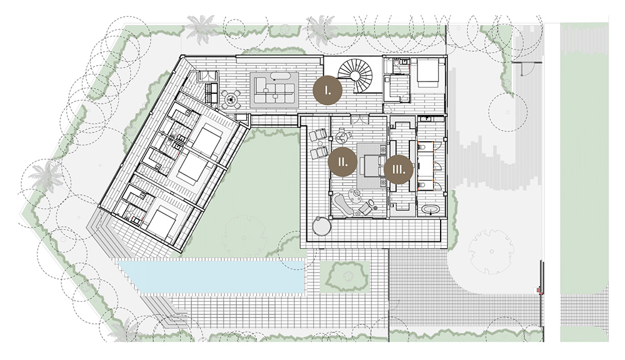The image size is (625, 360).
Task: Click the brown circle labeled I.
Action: tap(327, 90)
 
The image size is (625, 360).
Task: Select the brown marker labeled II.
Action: tap(342, 161)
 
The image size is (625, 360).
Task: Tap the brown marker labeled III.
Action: tap(398, 169)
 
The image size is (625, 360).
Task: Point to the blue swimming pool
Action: tap(211, 276)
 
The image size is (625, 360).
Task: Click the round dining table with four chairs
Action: tap(231, 99)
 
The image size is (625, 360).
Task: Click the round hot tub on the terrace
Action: tap(322, 227)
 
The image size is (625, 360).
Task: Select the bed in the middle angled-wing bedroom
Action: tap(191, 168)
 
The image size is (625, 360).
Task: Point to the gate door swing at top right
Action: tap(527, 69)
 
